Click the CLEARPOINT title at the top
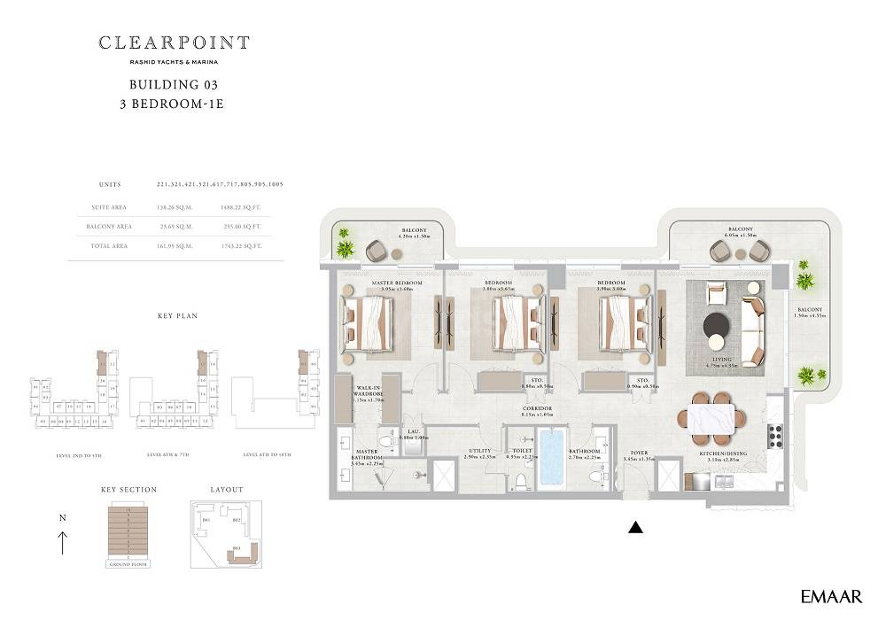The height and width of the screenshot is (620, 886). pyautogui.click(x=174, y=43)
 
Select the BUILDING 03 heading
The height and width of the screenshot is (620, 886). pyautogui.click(x=174, y=85)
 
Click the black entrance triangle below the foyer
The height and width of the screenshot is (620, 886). pyautogui.click(x=634, y=529)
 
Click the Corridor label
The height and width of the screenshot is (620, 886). pyautogui.click(x=537, y=410)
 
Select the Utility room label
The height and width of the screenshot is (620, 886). pyautogui.click(x=479, y=453)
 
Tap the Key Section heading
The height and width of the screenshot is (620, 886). pyautogui.click(x=128, y=490)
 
